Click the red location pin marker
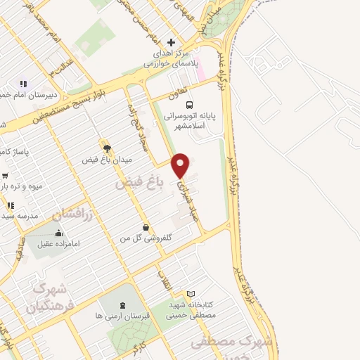(x=181, y=165)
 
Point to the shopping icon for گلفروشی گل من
(x=146, y=228)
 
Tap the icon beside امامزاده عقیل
(x=59, y=233)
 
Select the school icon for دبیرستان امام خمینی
(x=23, y=84)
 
